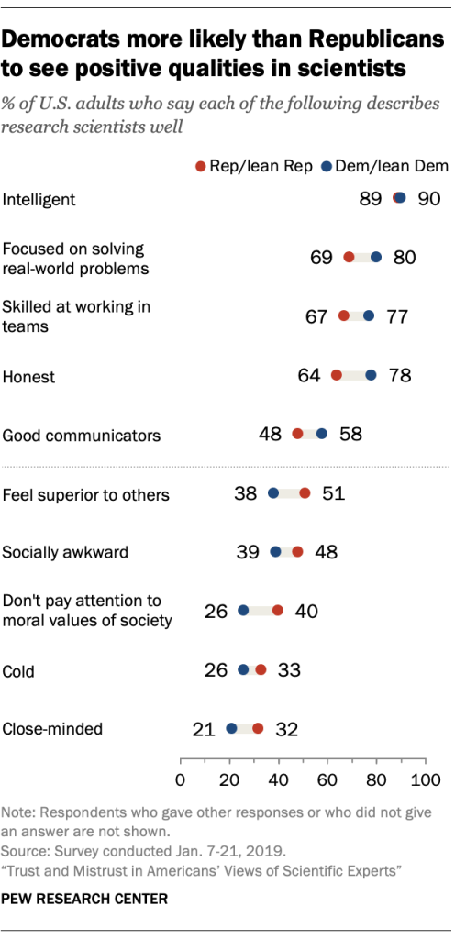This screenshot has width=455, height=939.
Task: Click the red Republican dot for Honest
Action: (337, 375)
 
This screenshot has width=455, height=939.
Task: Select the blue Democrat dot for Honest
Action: (371, 375)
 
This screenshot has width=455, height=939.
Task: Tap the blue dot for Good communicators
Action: (322, 434)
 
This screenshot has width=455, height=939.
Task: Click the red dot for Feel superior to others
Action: (305, 493)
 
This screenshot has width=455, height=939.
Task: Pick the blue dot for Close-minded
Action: (231, 729)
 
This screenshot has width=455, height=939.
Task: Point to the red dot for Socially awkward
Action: (297, 552)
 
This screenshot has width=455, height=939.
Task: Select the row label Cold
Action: (19, 671)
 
